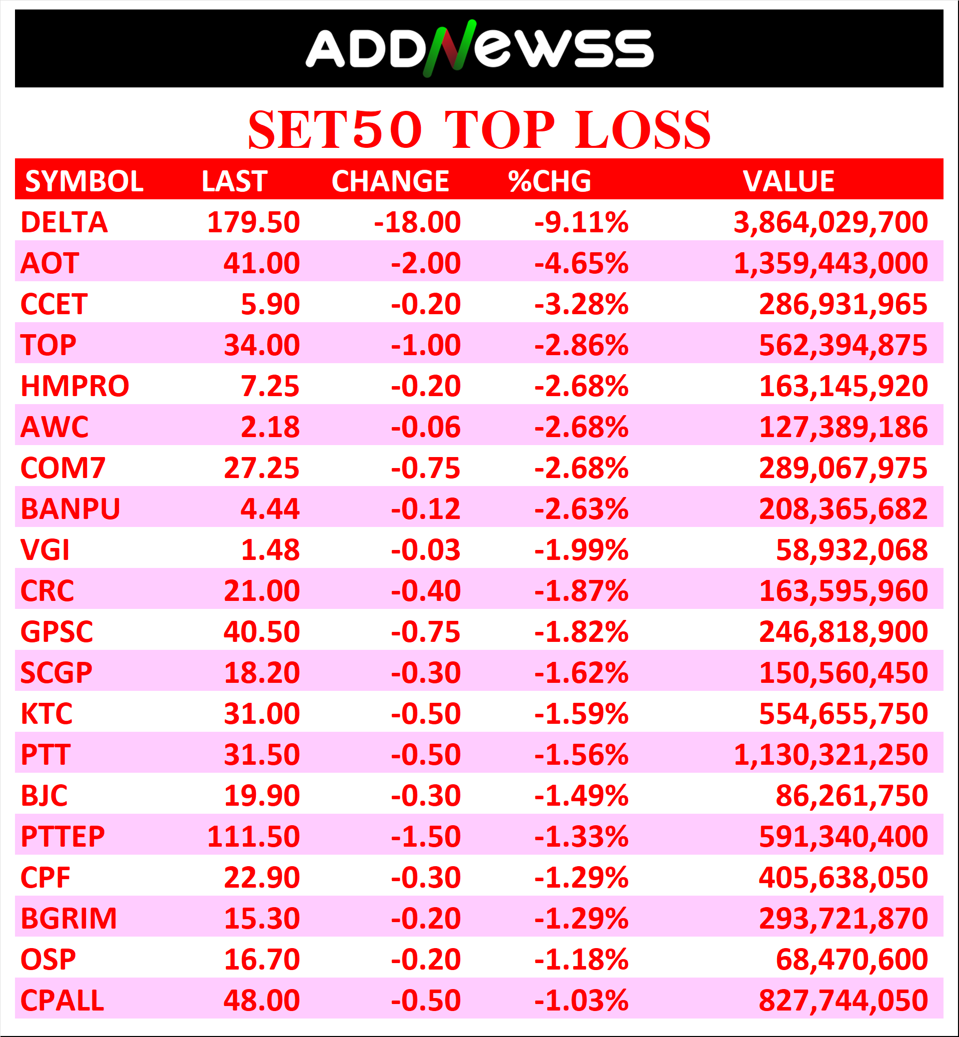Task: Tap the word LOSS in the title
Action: coord(643,130)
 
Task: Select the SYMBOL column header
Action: coord(84,181)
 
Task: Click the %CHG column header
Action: coord(550,181)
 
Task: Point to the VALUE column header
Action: coord(788,181)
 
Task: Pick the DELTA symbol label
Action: coord(64,222)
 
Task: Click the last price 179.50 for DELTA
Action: coord(253,222)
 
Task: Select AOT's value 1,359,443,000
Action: coord(830,263)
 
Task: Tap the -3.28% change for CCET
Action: coord(581,304)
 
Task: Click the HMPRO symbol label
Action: coord(75,386)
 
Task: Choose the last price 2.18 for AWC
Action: coord(270,427)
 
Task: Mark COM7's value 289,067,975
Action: coord(843,468)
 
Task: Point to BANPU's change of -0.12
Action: coord(426,509)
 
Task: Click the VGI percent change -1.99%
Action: coord(581,550)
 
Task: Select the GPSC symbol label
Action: coord(56,632)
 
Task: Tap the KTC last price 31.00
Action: coord(261,714)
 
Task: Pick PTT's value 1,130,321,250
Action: coord(830,755)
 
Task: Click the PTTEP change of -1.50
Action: coord(426,837)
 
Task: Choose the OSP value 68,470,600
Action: coord(852,960)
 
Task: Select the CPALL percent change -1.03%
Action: coord(581,1001)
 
